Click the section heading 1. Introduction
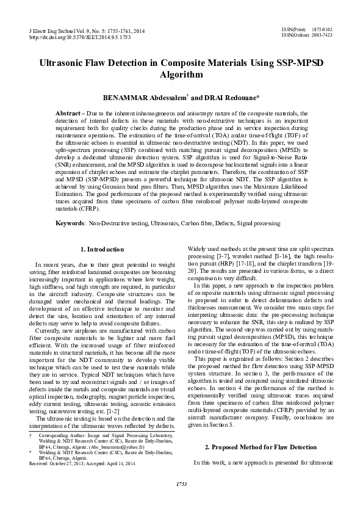point(103,250)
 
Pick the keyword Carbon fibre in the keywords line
point(199,224)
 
